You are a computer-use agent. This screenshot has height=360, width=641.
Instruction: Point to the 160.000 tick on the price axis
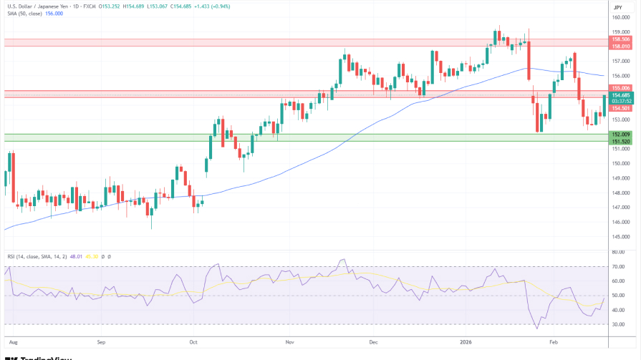click(x=620, y=17)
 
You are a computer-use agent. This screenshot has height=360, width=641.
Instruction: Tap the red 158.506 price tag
click(x=620, y=39)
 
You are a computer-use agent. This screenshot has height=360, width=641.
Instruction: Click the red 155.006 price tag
click(x=620, y=87)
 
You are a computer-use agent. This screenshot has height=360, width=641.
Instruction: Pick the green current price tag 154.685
click(x=620, y=95)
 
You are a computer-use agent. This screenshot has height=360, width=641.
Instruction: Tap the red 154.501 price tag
click(x=620, y=107)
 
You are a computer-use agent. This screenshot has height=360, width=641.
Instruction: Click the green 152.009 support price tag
click(x=620, y=134)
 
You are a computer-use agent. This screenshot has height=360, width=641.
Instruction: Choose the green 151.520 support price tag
click(x=620, y=141)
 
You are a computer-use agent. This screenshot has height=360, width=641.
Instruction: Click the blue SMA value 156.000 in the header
click(x=54, y=13)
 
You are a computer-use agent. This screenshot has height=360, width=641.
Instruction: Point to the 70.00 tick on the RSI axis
click(x=618, y=267)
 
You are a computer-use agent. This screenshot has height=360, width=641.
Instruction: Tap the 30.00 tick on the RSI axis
click(x=618, y=324)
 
